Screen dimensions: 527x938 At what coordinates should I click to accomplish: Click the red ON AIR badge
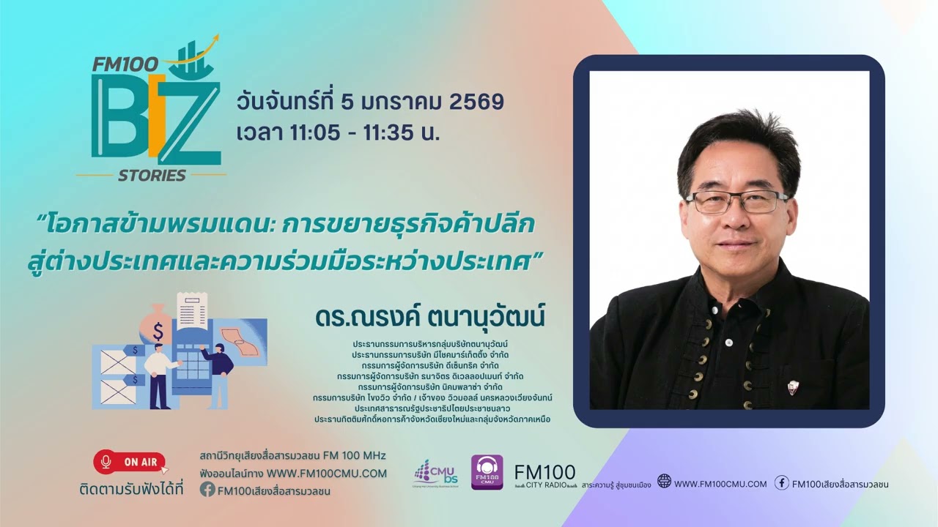130,462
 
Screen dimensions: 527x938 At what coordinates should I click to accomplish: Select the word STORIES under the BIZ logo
152,175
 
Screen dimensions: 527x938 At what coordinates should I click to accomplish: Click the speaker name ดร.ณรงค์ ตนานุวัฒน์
431,318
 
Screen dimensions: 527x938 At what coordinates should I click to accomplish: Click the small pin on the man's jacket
792,385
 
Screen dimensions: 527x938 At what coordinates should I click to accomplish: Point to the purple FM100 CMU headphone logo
487,472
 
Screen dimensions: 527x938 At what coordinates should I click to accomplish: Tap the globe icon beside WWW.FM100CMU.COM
664,482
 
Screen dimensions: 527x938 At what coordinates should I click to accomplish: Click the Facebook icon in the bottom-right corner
782,482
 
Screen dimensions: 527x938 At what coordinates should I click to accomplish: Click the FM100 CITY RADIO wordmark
544,477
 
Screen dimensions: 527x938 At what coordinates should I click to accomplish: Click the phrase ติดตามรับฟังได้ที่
131,488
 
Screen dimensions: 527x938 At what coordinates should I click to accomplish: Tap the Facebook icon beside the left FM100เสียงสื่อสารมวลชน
207,490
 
